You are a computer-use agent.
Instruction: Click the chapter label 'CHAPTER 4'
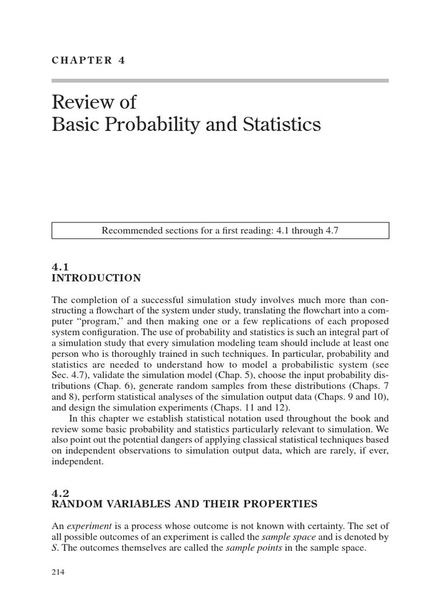point(89,60)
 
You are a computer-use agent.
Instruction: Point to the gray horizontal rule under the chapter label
point(220,81)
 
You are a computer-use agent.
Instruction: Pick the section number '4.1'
point(61,266)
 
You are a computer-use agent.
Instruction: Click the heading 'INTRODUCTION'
point(96,278)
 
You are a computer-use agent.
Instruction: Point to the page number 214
point(58,572)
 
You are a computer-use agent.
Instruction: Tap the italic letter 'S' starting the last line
point(54,548)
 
